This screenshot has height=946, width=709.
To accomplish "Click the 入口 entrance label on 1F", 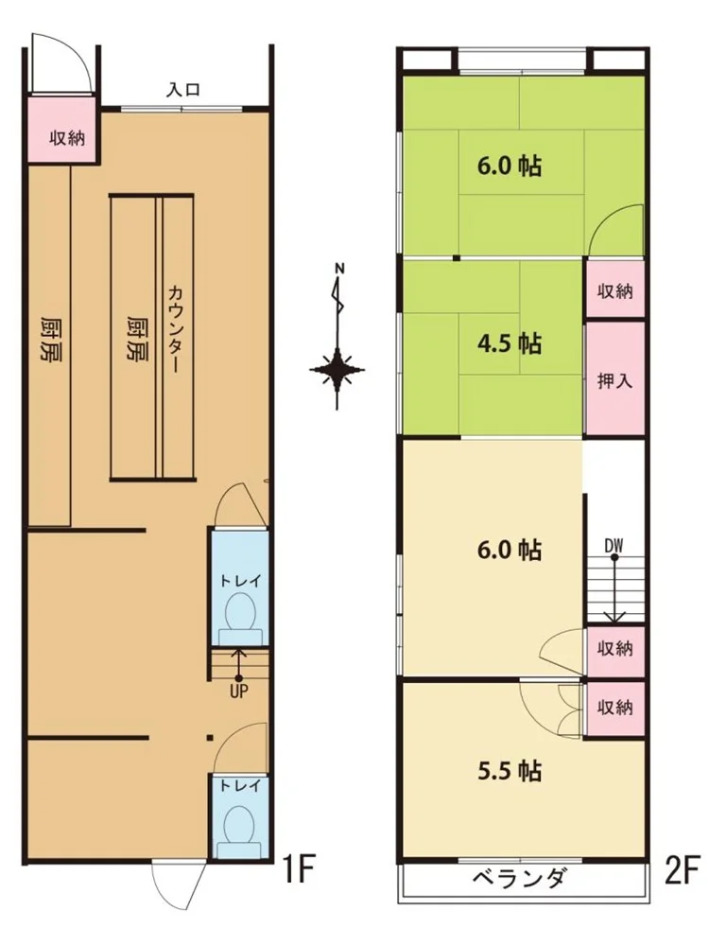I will click(183, 91).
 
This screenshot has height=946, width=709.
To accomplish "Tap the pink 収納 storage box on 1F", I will click(66, 138).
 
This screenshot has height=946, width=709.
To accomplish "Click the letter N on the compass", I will click(338, 267).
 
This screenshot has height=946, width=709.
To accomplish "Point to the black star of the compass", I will click(338, 370).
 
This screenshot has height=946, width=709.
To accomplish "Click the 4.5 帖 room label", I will click(509, 342).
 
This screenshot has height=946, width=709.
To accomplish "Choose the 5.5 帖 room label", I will click(509, 771).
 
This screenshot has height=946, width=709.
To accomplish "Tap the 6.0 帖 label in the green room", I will click(509, 167).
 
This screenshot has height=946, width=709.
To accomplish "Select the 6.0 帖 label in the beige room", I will click(509, 550).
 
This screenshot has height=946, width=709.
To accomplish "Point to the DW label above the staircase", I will click(614, 546).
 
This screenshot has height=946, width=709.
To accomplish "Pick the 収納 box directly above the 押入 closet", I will click(614, 291).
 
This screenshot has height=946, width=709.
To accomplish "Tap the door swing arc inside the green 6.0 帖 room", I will click(606, 229).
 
